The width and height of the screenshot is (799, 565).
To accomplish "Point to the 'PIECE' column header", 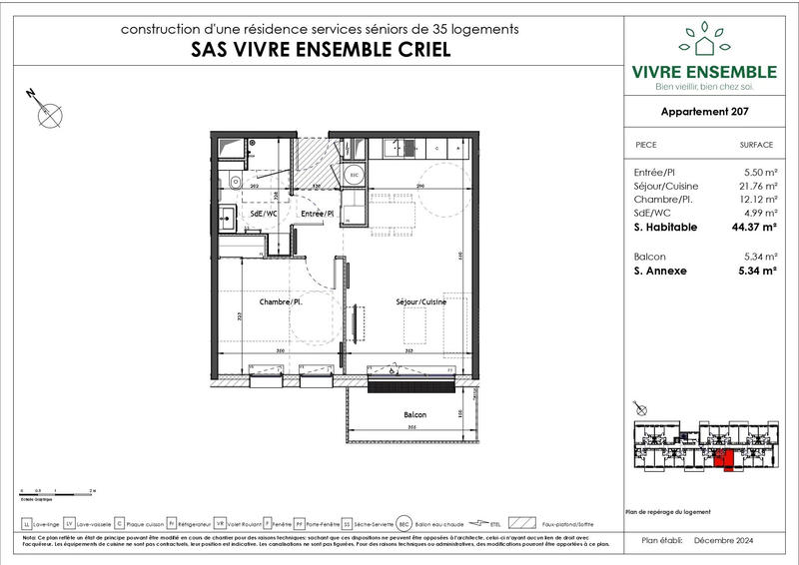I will click(x=646, y=145).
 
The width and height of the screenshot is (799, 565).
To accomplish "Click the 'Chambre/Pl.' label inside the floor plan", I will click(x=281, y=301).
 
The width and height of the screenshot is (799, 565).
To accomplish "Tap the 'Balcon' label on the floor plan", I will click(x=414, y=414).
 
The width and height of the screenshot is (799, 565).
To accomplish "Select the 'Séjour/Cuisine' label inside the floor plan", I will click(x=420, y=301).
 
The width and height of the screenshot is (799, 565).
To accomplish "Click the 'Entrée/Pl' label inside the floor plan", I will click(x=317, y=214).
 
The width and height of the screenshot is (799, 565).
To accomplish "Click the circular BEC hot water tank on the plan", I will click(x=353, y=175).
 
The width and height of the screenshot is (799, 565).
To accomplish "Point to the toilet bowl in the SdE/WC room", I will click(x=231, y=180).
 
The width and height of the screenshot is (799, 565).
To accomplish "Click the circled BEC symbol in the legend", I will click(x=403, y=523).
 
